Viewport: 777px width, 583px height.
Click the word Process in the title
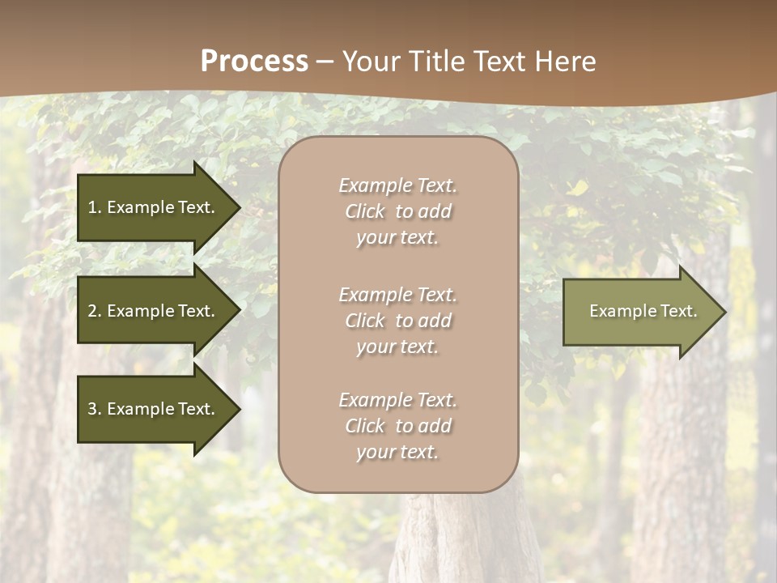[x=254, y=62]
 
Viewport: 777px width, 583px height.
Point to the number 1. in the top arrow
[x=95, y=207]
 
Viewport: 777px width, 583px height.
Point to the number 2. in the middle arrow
[x=95, y=311]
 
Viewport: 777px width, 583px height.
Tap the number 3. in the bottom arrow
[x=95, y=409]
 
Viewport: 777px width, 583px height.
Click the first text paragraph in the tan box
[x=397, y=211]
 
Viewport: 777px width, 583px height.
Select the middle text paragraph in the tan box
[x=397, y=321]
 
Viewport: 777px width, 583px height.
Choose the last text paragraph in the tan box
[x=397, y=426]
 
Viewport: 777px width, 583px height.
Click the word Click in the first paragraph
[x=365, y=211]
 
